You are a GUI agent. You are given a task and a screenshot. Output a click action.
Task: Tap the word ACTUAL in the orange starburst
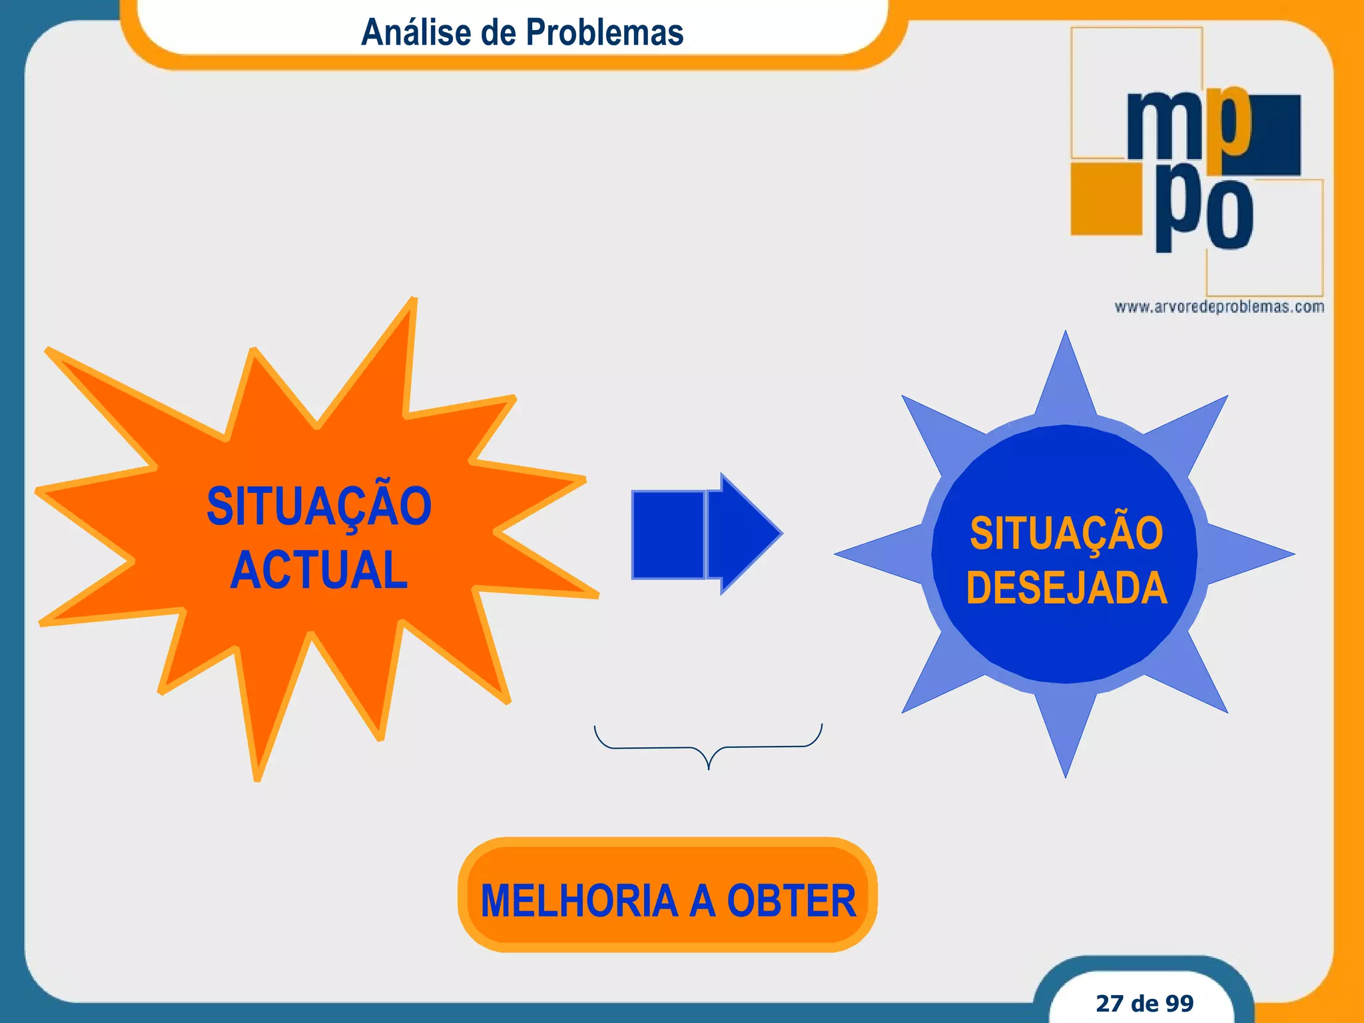tap(318, 570)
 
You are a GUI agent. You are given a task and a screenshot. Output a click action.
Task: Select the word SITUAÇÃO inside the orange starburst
tap(318, 506)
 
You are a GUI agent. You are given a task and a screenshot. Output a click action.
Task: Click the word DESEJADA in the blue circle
tap(1066, 587)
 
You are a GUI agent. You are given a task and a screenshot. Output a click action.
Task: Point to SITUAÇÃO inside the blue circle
tap(1066, 533)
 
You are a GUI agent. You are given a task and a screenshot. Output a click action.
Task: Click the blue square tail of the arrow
tap(667, 534)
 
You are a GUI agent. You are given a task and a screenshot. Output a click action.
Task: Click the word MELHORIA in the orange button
tap(578, 900)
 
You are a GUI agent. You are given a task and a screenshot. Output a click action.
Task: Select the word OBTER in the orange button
tap(791, 900)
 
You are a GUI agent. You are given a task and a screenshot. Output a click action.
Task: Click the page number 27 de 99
tap(1144, 1003)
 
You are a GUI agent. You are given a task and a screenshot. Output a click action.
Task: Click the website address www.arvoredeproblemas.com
tap(1219, 307)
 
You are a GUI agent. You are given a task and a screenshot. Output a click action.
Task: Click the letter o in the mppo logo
tap(1229, 214)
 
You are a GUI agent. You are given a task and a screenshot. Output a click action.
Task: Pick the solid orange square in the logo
tap(1106, 198)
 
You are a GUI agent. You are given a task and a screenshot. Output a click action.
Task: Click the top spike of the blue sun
tap(1066, 373)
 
